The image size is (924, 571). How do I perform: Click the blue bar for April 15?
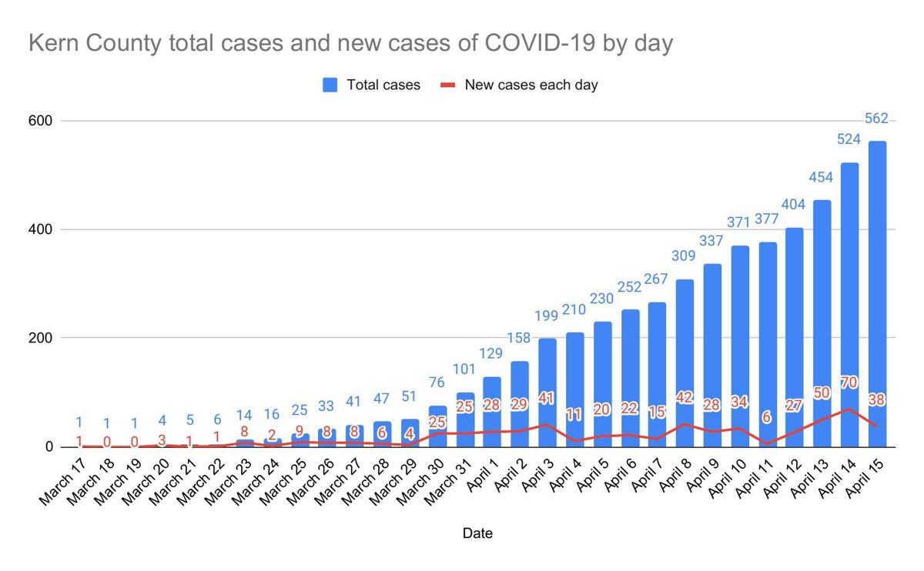point(877,292)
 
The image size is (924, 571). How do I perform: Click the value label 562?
point(877,119)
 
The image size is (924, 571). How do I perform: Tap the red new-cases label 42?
point(685,398)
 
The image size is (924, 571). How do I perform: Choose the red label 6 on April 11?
point(768,416)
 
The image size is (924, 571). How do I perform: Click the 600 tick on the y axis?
point(41,121)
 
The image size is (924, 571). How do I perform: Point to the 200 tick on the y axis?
point(41,338)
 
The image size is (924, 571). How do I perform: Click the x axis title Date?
point(477,533)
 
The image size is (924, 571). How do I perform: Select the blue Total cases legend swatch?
point(331,85)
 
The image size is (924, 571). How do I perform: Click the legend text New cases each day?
point(531,85)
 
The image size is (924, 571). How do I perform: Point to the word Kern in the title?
point(53,44)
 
